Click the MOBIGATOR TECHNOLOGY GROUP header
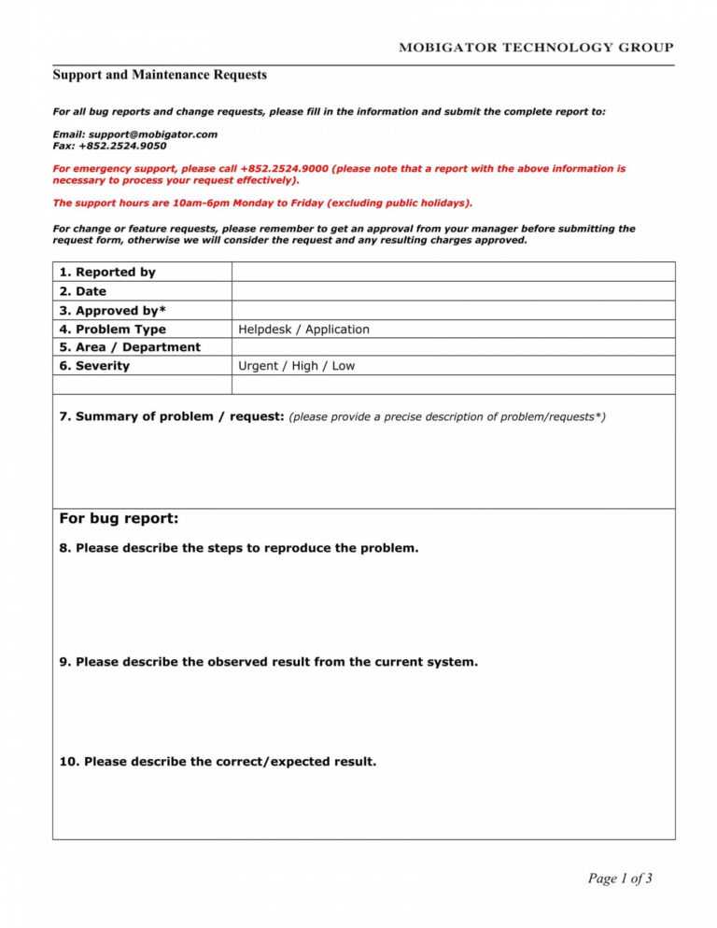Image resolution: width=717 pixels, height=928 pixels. click(536, 48)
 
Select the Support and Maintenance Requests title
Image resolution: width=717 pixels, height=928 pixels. click(160, 75)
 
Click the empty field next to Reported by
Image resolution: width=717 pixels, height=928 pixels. click(453, 272)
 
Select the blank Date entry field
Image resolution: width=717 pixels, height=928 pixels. click(453, 291)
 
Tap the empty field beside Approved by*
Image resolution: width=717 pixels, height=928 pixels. click(453, 311)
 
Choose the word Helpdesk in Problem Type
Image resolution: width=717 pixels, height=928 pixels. click(265, 330)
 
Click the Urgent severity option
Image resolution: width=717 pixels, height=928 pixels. click(259, 366)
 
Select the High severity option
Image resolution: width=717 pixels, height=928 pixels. click(304, 366)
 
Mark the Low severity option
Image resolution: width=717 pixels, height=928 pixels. click(344, 366)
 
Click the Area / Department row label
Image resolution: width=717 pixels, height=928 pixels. click(130, 347)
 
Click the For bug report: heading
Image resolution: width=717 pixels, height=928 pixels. click(119, 519)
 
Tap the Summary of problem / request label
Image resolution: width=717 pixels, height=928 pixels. click(172, 417)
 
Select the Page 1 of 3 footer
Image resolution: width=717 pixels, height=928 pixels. click(620, 879)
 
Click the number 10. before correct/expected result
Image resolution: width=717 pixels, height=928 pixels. click(69, 762)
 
